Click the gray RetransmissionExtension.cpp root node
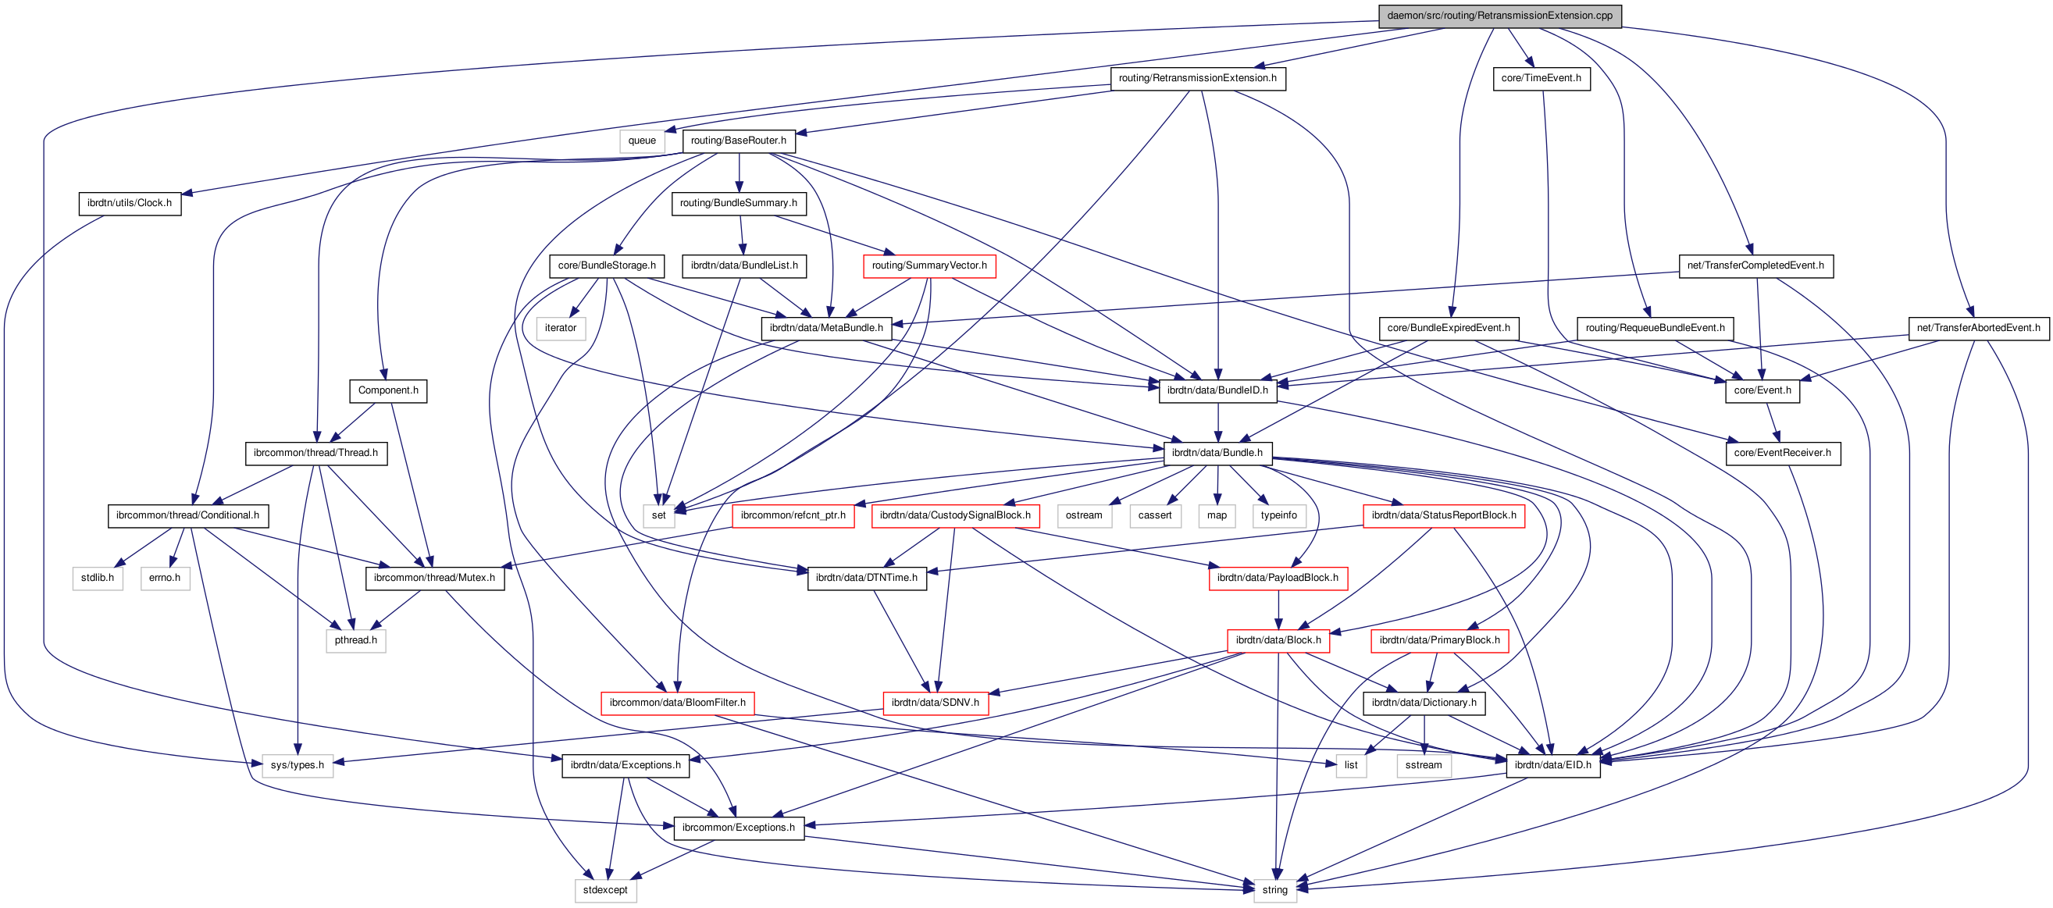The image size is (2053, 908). pyautogui.click(x=1499, y=16)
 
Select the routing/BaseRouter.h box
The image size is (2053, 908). pyautogui.click(x=738, y=141)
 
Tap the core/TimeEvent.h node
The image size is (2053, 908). pyautogui.click(x=1541, y=78)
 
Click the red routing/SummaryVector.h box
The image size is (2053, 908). pyautogui.click(x=928, y=265)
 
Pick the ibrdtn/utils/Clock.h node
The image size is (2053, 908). pyautogui.click(x=129, y=203)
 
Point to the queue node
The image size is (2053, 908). pyautogui.click(x=642, y=141)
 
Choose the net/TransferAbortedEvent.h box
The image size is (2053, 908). pyautogui.click(x=1978, y=328)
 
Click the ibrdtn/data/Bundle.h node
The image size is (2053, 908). pyautogui.click(x=1217, y=453)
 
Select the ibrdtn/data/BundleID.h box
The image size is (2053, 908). pyautogui.click(x=1217, y=390)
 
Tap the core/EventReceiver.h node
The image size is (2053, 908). pyautogui.click(x=1782, y=453)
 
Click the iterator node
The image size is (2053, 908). pyautogui.click(x=560, y=328)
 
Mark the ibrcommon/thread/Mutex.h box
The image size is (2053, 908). pyautogui.click(x=434, y=579)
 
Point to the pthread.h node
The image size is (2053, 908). pyautogui.click(x=355, y=640)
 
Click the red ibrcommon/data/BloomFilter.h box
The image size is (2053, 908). pyautogui.click(x=677, y=703)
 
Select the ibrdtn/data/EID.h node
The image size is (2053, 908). pyautogui.click(x=1552, y=765)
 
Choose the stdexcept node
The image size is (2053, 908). pyautogui.click(x=605, y=891)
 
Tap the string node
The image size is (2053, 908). pyautogui.click(x=1274, y=891)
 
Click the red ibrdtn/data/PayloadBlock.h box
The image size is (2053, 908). pyautogui.click(x=1278, y=579)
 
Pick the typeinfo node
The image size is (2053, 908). pyautogui.click(x=1278, y=515)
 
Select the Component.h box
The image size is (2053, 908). pyautogui.click(x=387, y=390)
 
